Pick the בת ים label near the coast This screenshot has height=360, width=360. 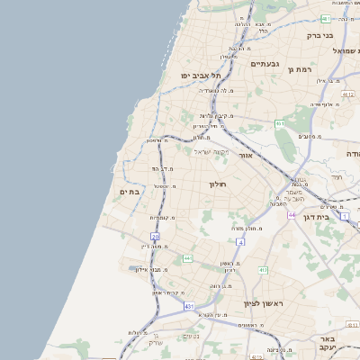pos(130,192)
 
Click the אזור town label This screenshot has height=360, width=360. pos(245,156)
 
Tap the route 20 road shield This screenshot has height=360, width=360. pos(155,236)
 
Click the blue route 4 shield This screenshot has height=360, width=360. pos(240,242)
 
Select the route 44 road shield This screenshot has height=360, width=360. pos(292,216)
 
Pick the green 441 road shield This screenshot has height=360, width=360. pos(187,258)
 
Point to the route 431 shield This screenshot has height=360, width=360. pos(189,307)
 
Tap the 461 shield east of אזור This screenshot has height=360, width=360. pos(281,123)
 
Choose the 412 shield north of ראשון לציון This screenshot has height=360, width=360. pos(263,269)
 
